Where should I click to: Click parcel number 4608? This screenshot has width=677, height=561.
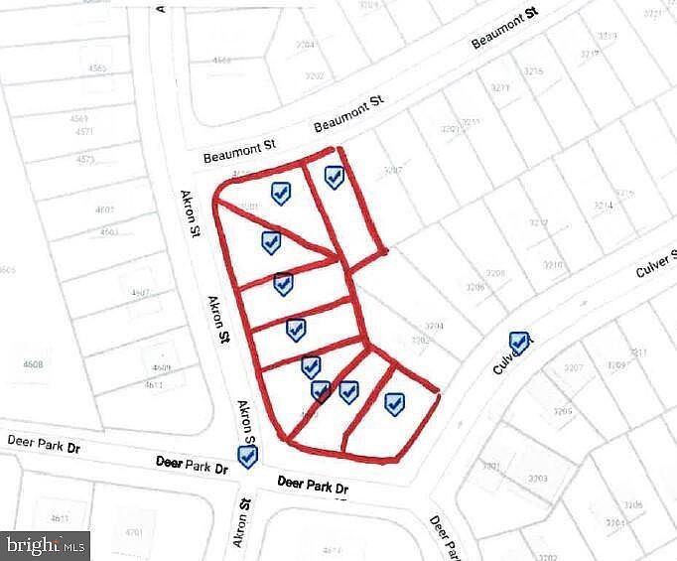[33, 364]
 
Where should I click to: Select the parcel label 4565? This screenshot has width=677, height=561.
[97, 68]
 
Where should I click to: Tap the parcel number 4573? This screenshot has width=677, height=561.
[84, 159]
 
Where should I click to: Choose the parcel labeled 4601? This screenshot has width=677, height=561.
[103, 210]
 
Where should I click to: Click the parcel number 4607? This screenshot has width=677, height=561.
[139, 292]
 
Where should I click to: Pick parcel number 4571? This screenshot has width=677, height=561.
[84, 131]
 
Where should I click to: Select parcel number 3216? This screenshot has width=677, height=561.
[533, 71]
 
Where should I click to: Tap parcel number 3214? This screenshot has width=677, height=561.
[604, 205]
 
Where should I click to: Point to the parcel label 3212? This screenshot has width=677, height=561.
[539, 222]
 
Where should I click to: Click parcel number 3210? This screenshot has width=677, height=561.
[553, 264]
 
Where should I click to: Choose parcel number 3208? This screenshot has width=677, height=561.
[495, 273]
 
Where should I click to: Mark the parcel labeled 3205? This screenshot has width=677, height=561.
[563, 411]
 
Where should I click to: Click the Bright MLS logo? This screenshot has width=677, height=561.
[46, 545]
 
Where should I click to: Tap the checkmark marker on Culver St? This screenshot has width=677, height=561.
[518, 342]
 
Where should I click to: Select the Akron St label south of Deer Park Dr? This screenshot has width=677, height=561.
[240, 516]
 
